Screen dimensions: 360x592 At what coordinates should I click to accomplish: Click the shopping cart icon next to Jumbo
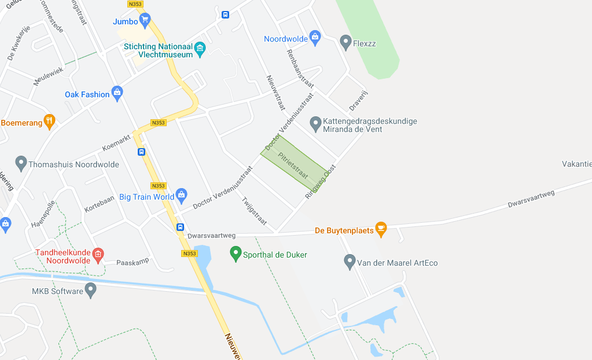tap(145, 20)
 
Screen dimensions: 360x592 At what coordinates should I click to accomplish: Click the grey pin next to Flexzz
tap(345, 42)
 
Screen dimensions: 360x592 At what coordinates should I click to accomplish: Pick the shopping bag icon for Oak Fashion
tap(117, 93)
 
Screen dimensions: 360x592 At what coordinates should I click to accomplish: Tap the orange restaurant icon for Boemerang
tap(50, 122)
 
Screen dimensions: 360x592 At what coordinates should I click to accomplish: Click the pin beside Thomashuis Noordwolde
tap(21, 163)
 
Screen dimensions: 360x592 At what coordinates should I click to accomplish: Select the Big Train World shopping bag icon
tap(182, 195)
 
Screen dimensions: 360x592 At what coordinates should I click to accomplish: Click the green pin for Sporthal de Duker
tap(235, 253)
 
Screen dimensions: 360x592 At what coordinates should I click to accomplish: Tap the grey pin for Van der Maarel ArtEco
tap(349, 262)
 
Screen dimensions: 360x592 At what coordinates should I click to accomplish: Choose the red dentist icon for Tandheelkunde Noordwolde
tap(98, 254)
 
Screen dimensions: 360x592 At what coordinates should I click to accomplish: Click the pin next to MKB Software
tap(90, 289)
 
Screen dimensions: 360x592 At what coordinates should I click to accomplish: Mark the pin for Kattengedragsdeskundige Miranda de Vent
tap(315, 123)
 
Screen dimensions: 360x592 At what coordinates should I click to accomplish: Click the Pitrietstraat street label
tap(292, 165)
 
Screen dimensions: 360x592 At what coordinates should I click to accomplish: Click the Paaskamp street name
tap(133, 261)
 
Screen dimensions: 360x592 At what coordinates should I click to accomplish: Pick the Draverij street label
tap(359, 100)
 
